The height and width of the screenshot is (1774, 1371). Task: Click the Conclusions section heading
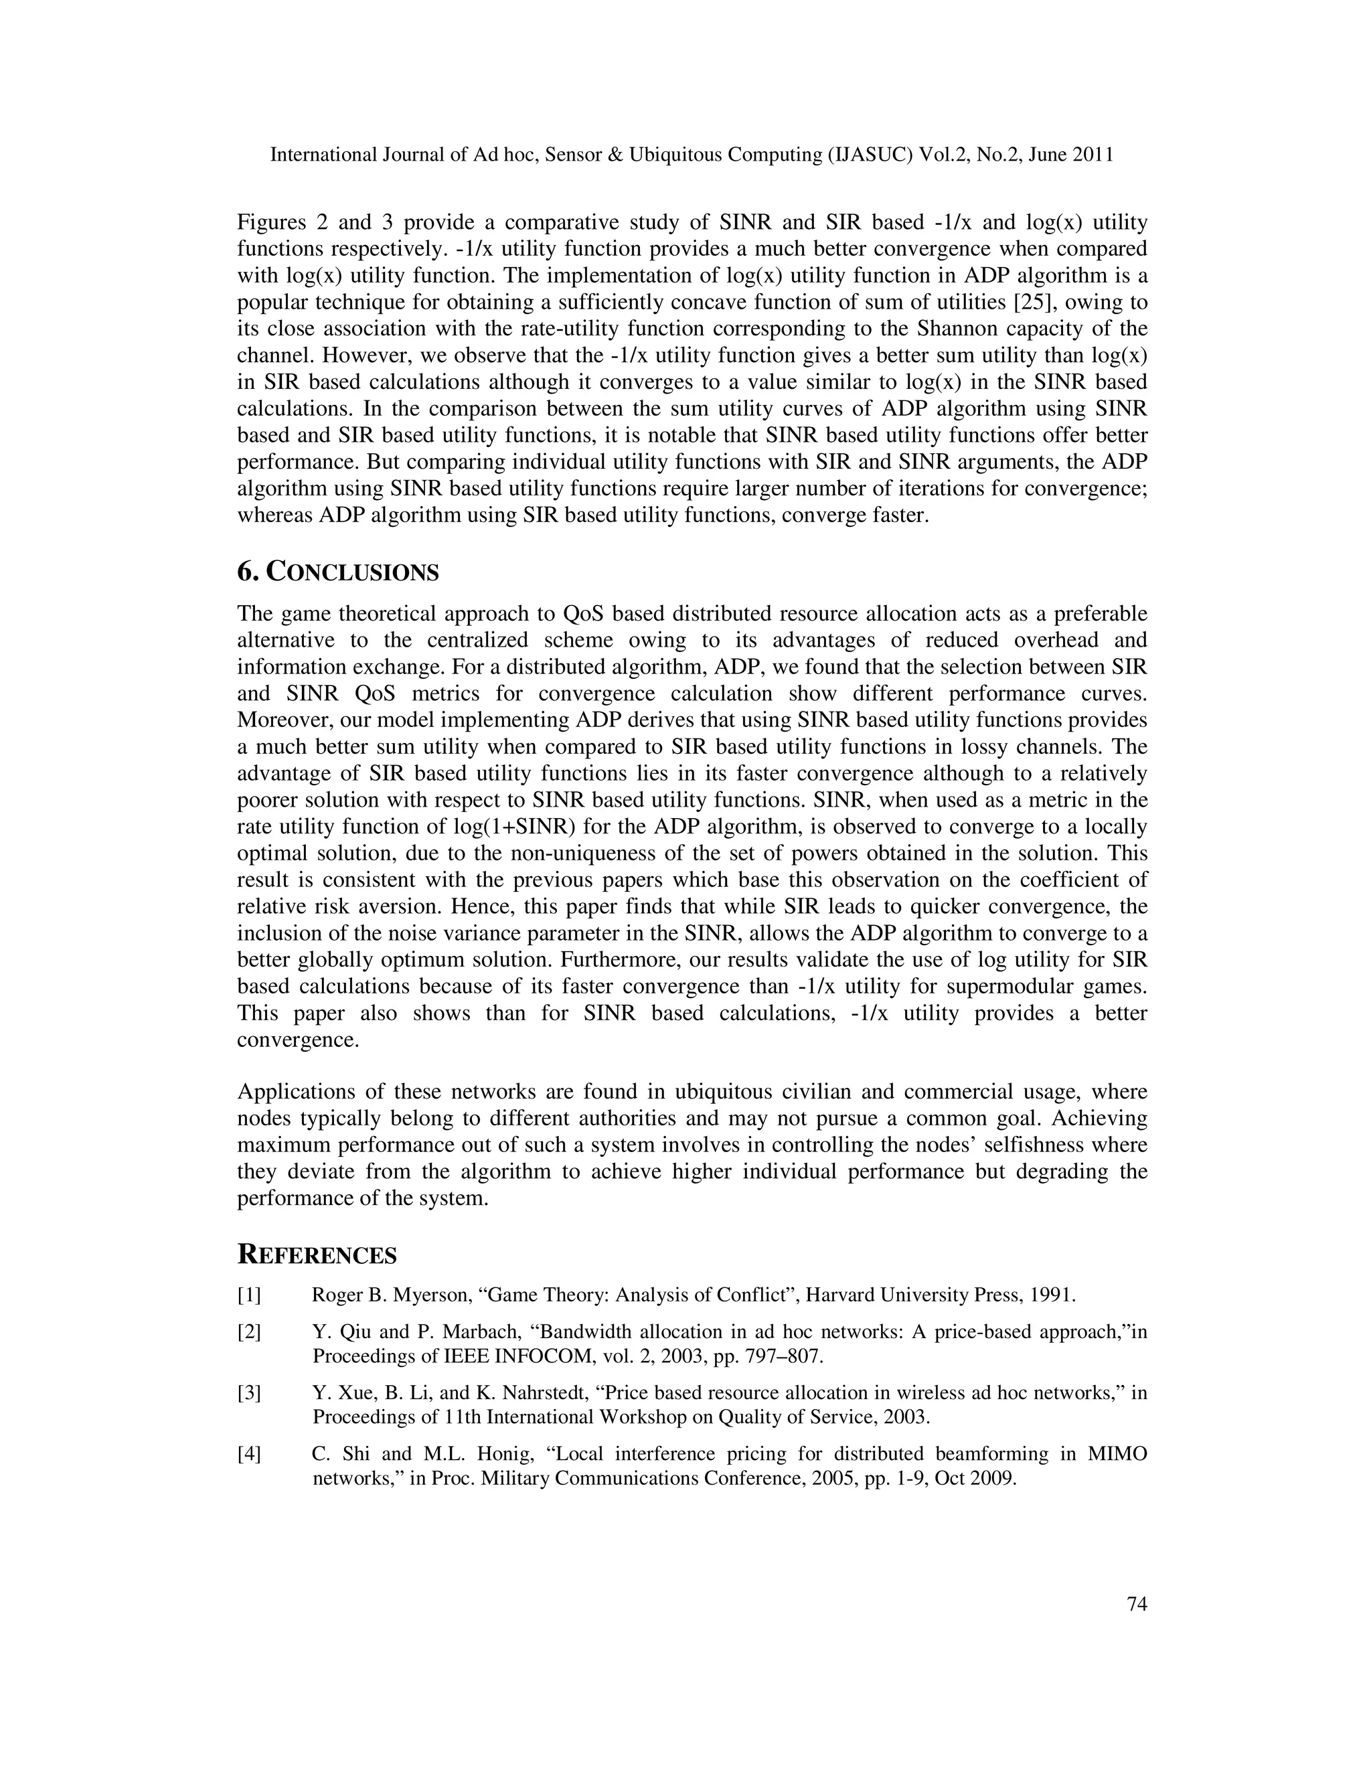pos(338,572)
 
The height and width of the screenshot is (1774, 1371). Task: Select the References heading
pos(317,1255)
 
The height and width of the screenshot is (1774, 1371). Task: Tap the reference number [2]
pos(249,1332)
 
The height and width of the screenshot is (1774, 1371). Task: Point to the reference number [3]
pos(249,1393)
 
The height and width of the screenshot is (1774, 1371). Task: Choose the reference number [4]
pos(249,1454)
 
